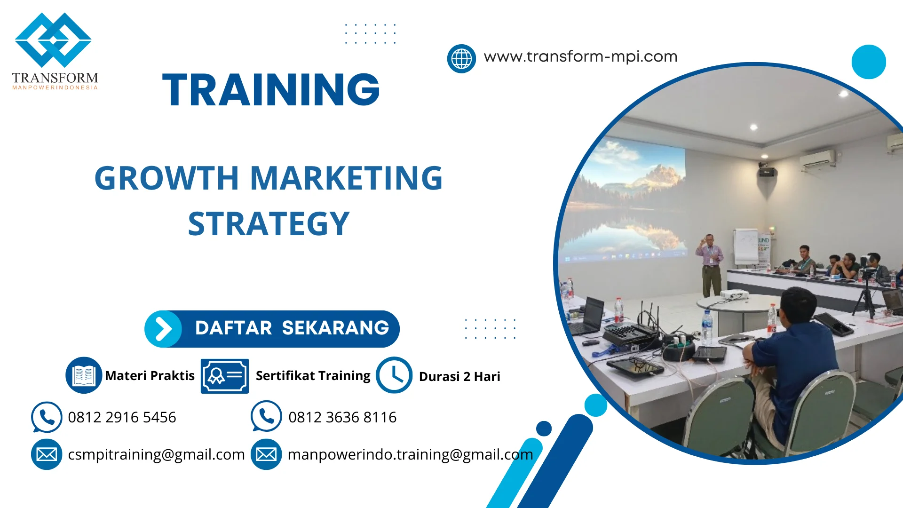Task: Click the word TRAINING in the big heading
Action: [x=271, y=90]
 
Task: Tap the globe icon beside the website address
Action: [x=461, y=59]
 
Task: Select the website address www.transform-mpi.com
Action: [x=580, y=56]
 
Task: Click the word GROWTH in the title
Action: [x=166, y=178]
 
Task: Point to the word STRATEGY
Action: [x=269, y=224]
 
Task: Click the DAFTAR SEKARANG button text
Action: [x=292, y=328]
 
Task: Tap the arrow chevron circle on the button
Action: [x=163, y=329]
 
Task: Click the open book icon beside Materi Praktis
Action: [x=84, y=375]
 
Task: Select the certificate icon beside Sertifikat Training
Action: [x=224, y=376]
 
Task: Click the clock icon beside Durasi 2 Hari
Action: [x=394, y=375]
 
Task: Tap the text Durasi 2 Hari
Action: [x=459, y=376]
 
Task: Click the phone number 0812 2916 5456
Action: [x=122, y=417]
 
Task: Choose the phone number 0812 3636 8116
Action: [x=342, y=417]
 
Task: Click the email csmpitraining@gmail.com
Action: [x=156, y=454]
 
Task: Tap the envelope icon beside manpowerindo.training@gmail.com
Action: [x=266, y=454]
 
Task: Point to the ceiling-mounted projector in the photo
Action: [x=767, y=170]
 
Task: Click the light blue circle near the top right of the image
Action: [x=868, y=62]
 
